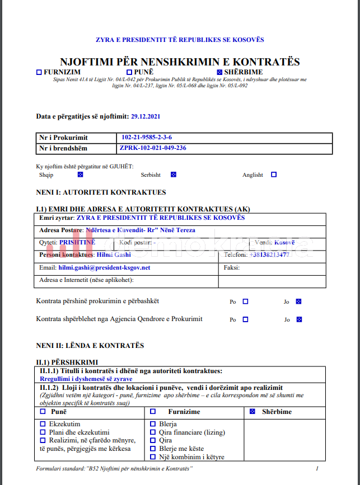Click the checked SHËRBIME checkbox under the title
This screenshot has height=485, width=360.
coord(219,72)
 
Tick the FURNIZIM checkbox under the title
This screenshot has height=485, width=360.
coord(39,72)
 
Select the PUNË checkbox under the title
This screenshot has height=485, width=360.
coord(129,72)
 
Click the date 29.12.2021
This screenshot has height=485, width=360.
coord(146,116)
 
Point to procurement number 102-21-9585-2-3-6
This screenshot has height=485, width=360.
coord(147,138)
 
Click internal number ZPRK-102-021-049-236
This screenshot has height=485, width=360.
coord(153,148)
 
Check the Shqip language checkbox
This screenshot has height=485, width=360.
coord(80,175)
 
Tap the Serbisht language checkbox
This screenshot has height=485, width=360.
coord(173,175)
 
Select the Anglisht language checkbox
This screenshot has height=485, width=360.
coord(274,175)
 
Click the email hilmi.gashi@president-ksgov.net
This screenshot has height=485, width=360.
coord(104,267)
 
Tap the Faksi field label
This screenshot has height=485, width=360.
coord(232,267)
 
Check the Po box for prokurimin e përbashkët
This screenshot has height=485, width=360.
coord(245,302)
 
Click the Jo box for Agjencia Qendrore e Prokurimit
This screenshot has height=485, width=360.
coord(299,319)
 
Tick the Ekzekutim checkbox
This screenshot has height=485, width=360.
coord(43,424)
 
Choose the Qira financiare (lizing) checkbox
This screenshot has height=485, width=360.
coord(153,432)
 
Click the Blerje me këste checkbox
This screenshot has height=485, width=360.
coord(153,449)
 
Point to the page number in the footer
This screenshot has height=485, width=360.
coord(317,468)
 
